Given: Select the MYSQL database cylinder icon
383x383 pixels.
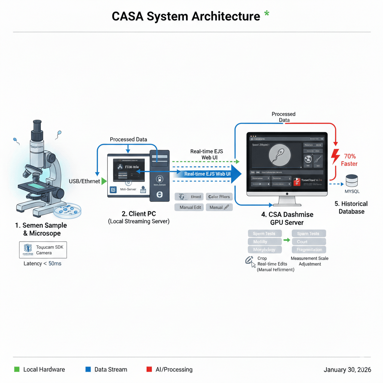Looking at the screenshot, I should [x=352, y=181].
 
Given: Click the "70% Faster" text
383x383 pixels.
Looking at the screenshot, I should [x=349, y=160].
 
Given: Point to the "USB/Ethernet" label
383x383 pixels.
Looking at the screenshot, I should [x=85, y=181].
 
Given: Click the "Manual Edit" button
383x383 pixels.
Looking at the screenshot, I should [x=189, y=207].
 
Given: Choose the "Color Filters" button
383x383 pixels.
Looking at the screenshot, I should [x=219, y=197].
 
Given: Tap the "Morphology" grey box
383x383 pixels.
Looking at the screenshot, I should [x=264, y=249].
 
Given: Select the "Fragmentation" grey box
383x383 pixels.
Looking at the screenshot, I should [x=309, y=249].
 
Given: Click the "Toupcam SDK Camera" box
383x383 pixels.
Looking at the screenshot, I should [x=43, y=250].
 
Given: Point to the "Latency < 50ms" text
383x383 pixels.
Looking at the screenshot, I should [x=43, y=264].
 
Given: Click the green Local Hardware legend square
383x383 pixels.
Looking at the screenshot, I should [x=16, y=370].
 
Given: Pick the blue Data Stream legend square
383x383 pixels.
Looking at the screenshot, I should [x=88, y=370].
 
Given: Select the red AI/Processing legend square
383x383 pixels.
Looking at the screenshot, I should [x=149, y=370].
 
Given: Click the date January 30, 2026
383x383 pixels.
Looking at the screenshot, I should [x=347, y=370].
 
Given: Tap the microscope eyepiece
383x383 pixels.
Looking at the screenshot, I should [x=37, y=126].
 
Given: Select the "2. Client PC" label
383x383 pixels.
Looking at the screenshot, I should [x=139, y=214].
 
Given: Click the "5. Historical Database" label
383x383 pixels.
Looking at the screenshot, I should [x=351, y=208].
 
